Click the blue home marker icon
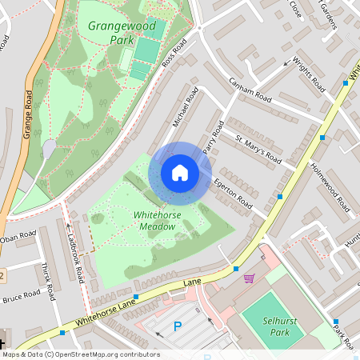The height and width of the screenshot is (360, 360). [x=180, y=173]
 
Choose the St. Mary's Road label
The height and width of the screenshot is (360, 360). [x=258, y=146]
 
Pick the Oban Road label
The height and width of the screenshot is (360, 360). [x=18, y=238]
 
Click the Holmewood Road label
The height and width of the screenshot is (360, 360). [x=330, y=189]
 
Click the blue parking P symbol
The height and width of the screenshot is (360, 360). [x=178, y=326]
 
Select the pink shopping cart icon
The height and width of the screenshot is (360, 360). [x=249, y=278]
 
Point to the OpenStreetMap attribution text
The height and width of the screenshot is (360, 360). [x=81, y=354]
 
